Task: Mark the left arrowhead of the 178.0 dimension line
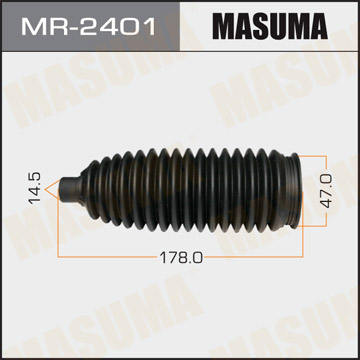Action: tap(65, 257)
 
